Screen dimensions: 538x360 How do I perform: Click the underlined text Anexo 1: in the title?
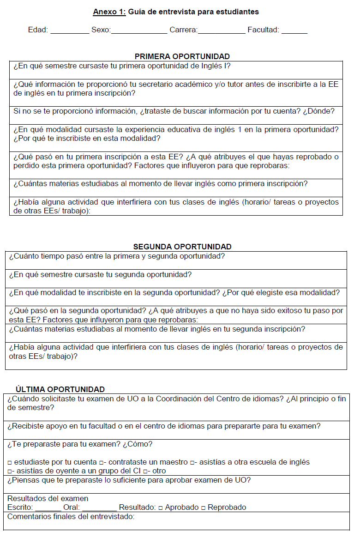pos(109,12)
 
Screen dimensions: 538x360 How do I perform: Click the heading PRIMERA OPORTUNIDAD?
pos(182,56)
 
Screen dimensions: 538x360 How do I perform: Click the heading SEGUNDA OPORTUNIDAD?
pos(182,247)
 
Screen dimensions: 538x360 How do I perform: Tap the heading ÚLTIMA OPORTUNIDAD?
pos(60,389)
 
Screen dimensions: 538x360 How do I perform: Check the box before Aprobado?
pos(160,508)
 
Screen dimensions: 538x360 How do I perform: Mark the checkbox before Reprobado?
pos(203,508)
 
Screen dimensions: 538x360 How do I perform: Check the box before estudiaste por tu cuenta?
pos(10,462)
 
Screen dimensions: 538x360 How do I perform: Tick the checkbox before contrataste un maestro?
pos(101,462)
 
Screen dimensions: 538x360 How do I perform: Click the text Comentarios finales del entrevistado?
pos(71,516)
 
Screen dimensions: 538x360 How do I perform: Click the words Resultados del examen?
pos(48,498)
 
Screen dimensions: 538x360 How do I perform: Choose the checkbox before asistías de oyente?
pos(10,471)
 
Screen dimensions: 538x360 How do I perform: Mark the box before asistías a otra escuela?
pos(192,462)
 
